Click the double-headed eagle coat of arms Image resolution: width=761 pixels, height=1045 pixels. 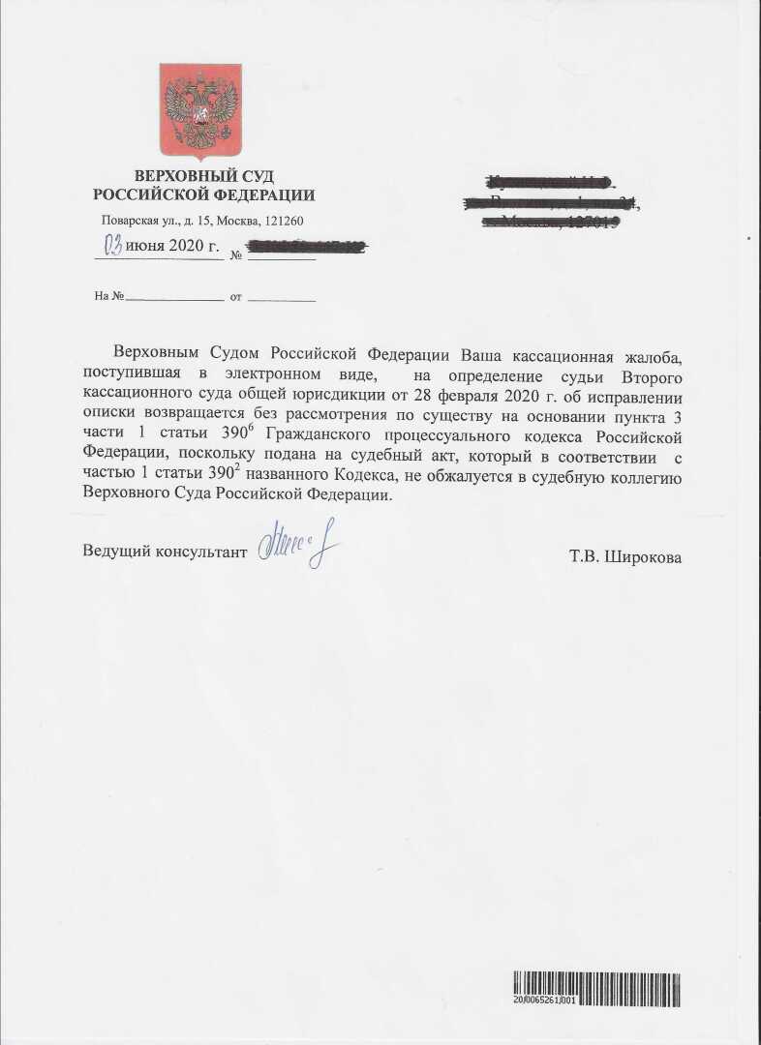coord(200,108)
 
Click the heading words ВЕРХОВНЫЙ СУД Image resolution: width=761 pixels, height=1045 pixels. coord(203,176)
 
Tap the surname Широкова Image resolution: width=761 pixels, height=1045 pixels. coord(643,557)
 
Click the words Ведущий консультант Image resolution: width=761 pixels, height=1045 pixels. coord(165,551)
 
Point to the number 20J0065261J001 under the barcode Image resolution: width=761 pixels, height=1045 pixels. coord(545,1000)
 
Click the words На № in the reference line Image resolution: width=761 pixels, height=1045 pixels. coord(109,296)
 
